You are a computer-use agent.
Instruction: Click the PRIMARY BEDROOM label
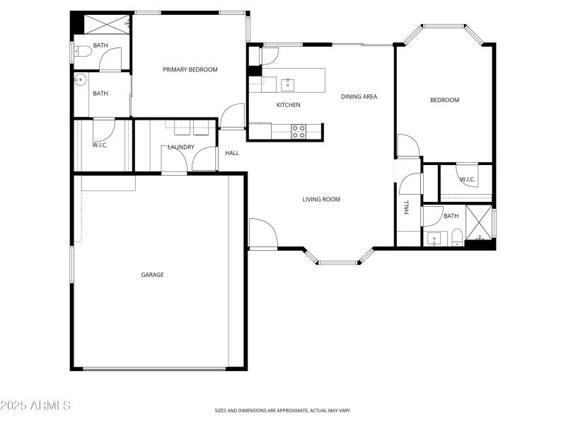tap(190, 69)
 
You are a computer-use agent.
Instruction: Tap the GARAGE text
tap(152, 275)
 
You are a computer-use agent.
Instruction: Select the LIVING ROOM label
tap(321, 200)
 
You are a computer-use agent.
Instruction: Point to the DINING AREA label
tap(359, 97)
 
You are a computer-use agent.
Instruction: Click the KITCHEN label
tap(288, 105)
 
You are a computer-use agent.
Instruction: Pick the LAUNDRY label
tap(181, 147)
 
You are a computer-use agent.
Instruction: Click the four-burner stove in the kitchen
tap(299, 130)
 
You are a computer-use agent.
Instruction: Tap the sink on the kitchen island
tap(287, 85)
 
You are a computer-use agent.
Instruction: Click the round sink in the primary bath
tap(80, 79)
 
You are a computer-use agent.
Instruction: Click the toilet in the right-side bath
tap(457, 237)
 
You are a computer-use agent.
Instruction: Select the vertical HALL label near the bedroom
tap(406, 207)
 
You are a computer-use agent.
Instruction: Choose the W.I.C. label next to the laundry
tap(99, 145)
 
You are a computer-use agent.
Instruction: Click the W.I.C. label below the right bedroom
tap(467, 179)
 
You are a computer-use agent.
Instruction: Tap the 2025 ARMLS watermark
tap(35, 406)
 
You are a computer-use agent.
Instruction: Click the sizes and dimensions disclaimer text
tap(283, 410)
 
